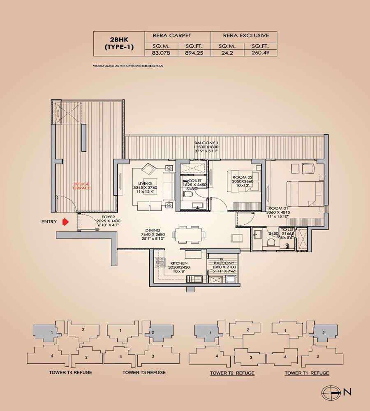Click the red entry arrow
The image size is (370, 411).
click(x=64, y=222)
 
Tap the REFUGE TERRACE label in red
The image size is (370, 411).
click(x=82, y=186)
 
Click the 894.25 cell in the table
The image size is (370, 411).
click(x=194, y=53)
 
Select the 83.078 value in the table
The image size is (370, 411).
click(x=161, y=53)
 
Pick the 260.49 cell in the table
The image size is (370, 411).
click(x=260, y=53)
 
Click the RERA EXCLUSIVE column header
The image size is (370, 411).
click(x=243, y=36)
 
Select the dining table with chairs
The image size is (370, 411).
click(x=188, y=235)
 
